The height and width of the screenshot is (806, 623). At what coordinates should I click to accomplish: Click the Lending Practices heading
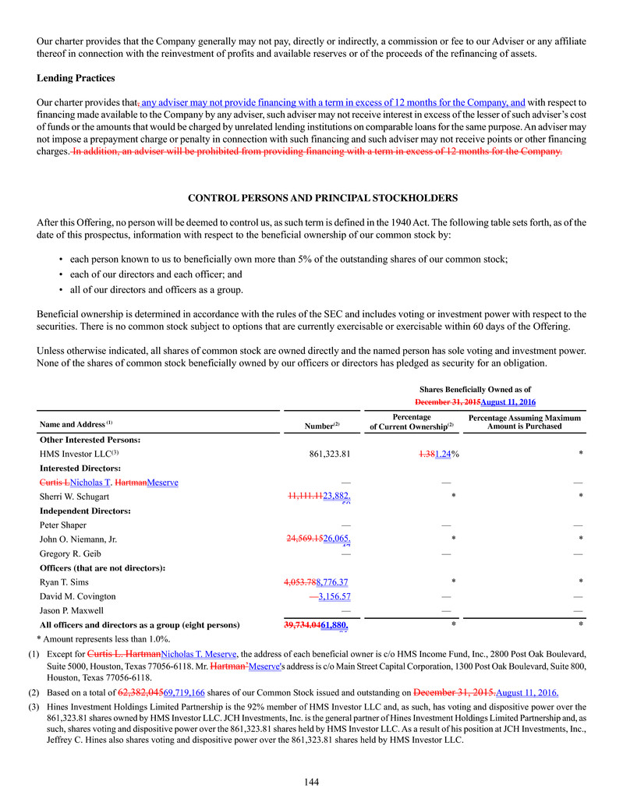76,79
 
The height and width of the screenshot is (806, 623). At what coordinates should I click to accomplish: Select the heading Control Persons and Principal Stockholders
311,198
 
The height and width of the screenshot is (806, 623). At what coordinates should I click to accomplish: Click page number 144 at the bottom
311,783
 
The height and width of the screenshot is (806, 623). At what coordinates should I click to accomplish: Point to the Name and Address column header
76,425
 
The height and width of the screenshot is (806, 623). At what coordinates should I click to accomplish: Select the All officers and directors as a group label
140,625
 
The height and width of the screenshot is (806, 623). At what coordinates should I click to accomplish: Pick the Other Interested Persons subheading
89,439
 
